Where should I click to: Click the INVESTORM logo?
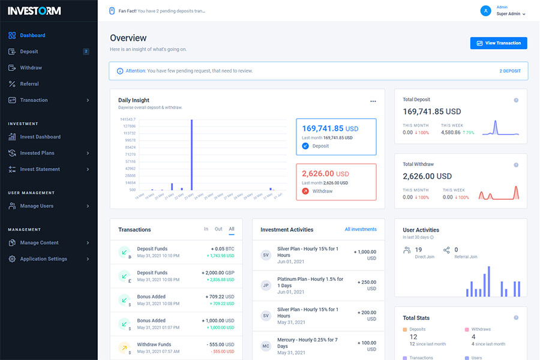[x=34, y=11]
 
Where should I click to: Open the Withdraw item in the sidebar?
[x=31, y=68]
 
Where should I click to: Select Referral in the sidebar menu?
[x=29, y=84]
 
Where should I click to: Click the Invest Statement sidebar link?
[x=40, y=169]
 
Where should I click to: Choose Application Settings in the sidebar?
[x=43, y=259]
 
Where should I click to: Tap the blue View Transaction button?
[x=499, y=43]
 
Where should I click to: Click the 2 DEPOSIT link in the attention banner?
[x=510, y=71]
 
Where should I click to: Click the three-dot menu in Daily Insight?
[x=373, y=101]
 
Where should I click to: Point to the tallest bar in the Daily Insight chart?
[x=191, y=154]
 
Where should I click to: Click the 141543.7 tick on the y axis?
[x=128, y=119]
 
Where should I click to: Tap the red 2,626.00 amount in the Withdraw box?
[x=318, y=174]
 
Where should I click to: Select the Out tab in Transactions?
[x=218, y=229]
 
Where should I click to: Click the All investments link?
[x=361, y=229]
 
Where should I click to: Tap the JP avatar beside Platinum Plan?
[x=266, y=285]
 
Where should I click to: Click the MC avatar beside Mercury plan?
[x=266, y=346]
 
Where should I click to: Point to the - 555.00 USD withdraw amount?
[x=222, y=345]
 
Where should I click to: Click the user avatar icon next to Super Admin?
[x=486, y=11]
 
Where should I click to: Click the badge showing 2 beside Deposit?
[x=86, y=52]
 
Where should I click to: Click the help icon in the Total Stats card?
[x=516, y=317]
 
